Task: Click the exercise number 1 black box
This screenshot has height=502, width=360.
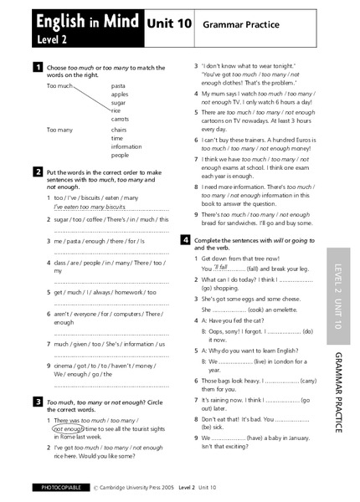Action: [x=38, y=66]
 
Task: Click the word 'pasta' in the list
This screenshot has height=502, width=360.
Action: [x=119, y=86]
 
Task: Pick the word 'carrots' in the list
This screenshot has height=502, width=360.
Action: [x=122, y=119]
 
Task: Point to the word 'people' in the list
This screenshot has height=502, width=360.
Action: [x=121, y=155]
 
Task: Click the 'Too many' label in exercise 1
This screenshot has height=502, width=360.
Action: [x=59, y=130]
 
